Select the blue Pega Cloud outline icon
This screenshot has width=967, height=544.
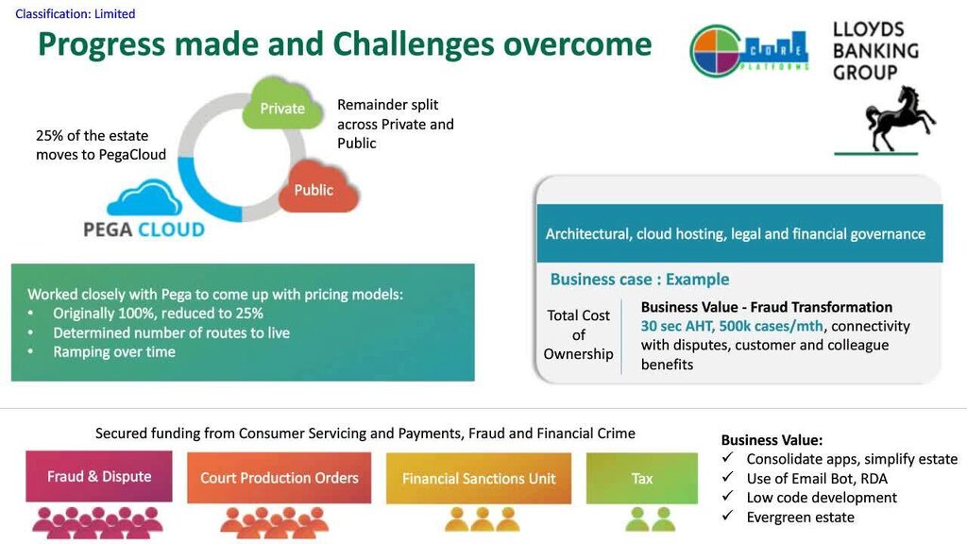(144, 197)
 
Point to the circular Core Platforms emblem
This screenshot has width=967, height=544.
(716, 51)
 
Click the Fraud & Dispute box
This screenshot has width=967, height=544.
(99, 476)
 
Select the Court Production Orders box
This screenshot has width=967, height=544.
(280, 477)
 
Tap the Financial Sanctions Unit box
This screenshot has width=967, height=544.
(479, 478)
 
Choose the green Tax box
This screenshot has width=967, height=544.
(642, 478)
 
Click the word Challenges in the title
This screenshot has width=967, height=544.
(414, 44)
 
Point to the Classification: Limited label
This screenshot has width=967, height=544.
(76, 13)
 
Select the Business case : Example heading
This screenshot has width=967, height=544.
(639, 280)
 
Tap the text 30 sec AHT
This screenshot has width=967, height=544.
(676, 326)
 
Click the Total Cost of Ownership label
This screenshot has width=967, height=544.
(579, 334)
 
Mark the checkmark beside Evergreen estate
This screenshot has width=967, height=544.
(728, 515)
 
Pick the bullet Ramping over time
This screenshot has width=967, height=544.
(114, 351)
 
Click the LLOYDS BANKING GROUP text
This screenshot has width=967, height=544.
(875, 51)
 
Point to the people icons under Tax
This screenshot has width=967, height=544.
(650, 519)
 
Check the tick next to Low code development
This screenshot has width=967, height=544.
(728, 495)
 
